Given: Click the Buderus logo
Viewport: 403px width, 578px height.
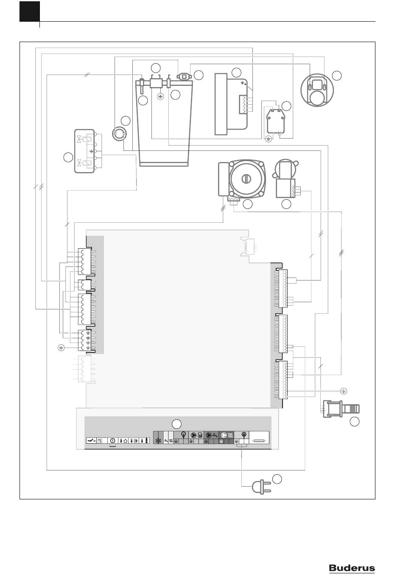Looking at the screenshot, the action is pyautogui.click(x=352, y=567).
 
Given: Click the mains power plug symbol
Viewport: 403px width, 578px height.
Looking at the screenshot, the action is pyautogui.click(x=261, y=487).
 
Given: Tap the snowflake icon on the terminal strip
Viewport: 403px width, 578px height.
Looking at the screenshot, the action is pyautogui.click(x=158, y=440).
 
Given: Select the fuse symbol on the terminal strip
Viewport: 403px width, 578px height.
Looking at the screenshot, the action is pyautogui.click(x=260, y=441).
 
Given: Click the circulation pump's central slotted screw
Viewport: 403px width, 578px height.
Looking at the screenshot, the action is pyautogui.click(x=245, y=178).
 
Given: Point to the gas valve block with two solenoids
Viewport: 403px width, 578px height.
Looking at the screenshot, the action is pyautogui.click(x=84, y=151).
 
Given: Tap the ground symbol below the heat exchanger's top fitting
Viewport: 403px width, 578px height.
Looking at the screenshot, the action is pyautogui.click(x=160, y=97).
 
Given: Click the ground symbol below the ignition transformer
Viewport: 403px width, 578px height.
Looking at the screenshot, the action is pyautogui.click(x=269, y=139).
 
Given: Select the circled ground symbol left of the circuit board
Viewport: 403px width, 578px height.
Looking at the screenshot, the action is pyautogui.click(x=61, y=348).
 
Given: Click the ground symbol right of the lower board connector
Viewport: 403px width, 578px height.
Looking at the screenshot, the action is pyautogui.click(x=344, y=391).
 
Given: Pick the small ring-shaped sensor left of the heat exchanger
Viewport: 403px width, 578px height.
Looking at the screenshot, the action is pyautogui.click(x=119, y=133).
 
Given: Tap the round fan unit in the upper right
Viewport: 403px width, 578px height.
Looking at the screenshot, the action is pyautogui.click(x=317, y=90).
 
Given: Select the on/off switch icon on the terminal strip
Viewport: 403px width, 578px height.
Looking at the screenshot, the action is pyautogui.click(x=91, y=441).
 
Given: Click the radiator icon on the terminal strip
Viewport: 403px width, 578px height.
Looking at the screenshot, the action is pyautogui.click(x=230, y=436).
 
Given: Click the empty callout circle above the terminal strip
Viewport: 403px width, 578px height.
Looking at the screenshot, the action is pyautogui.click(x=176, y=424).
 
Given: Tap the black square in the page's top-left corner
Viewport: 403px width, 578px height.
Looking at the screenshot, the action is pyautogui.click(x=30, y=11).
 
